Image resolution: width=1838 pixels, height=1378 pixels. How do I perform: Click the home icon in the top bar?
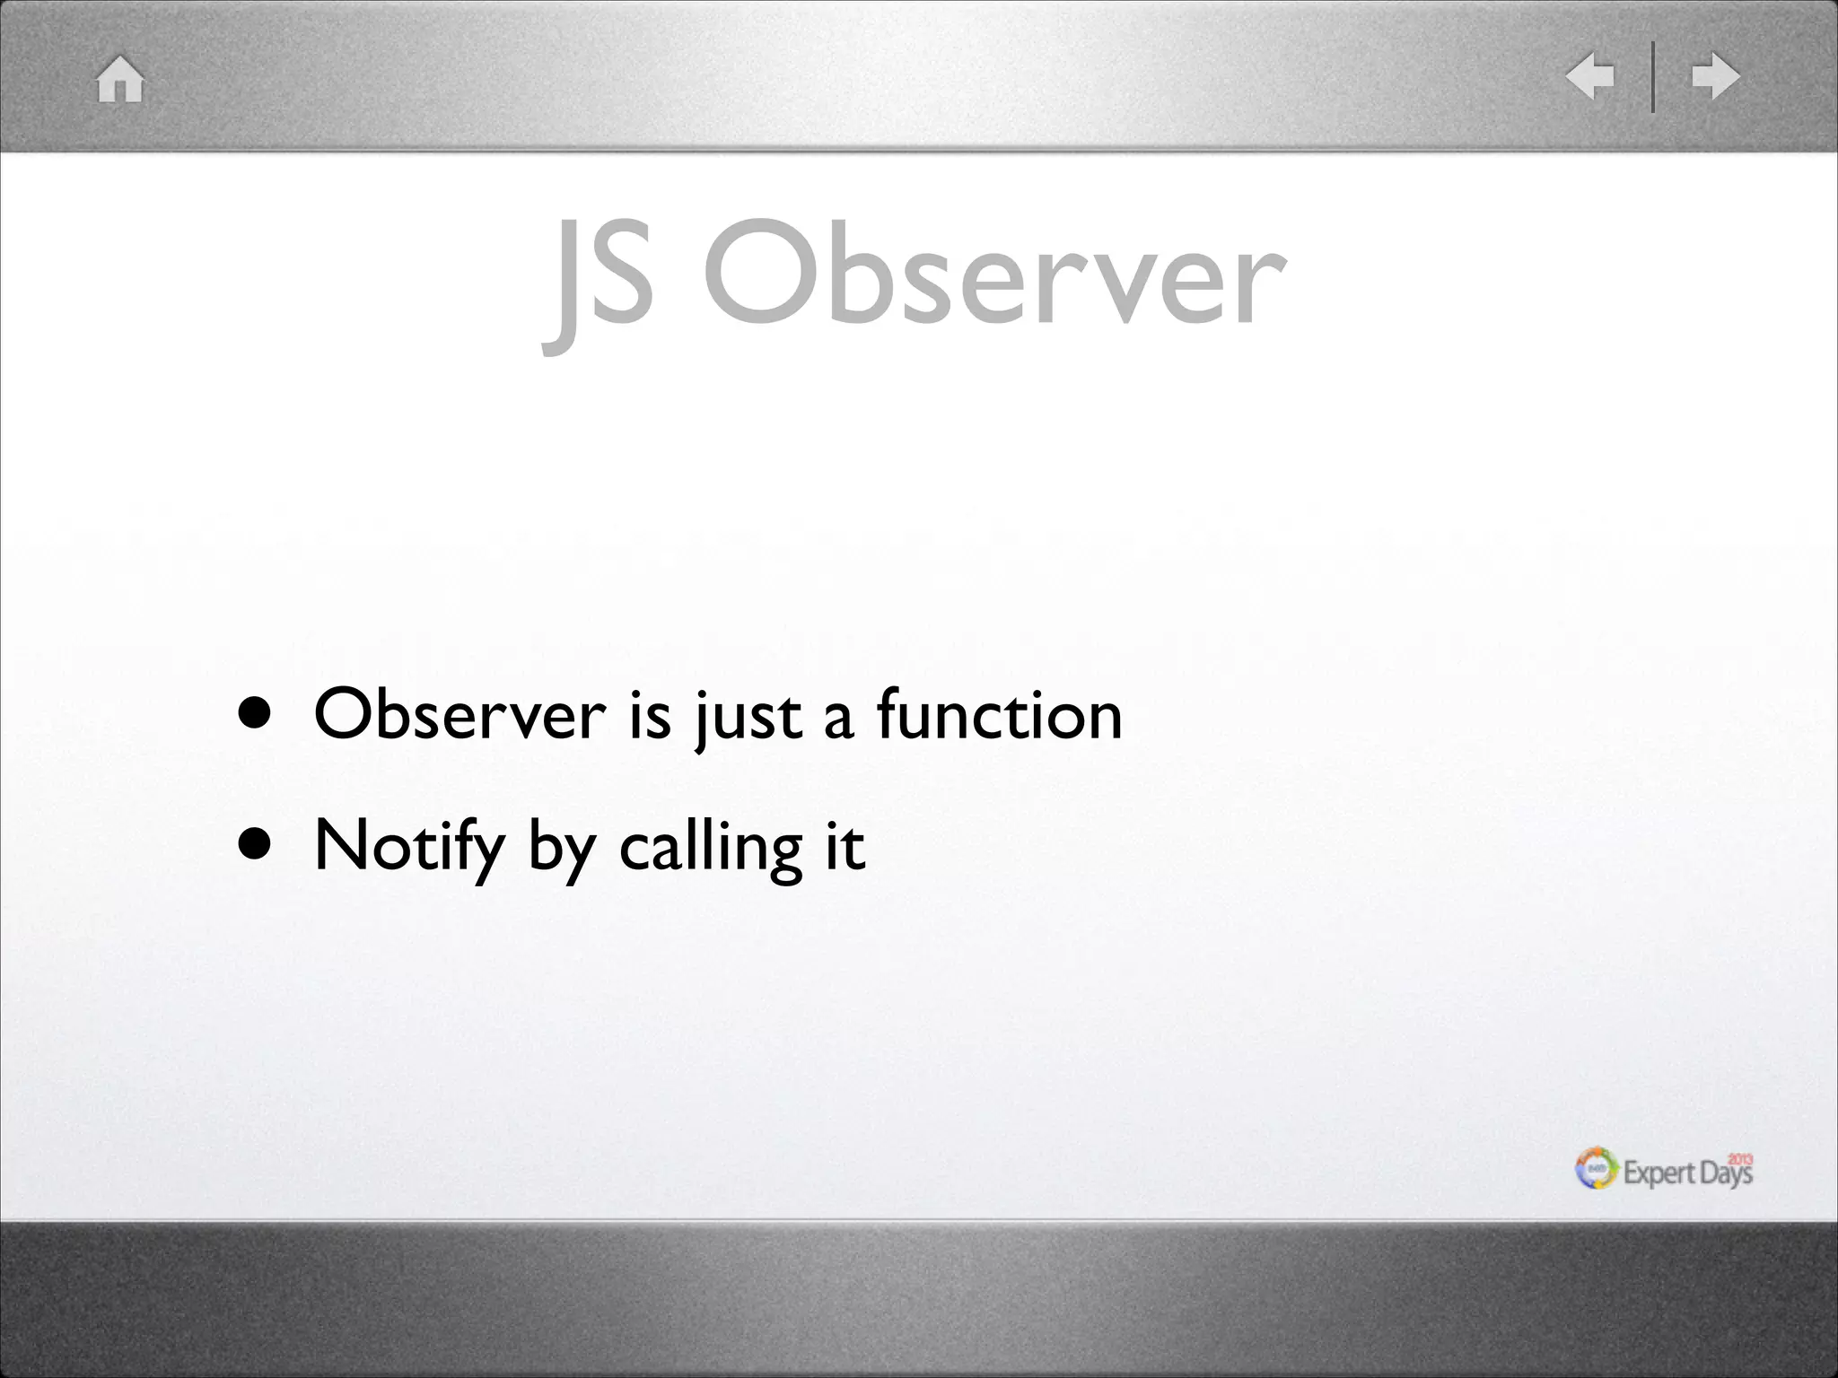[120, 79]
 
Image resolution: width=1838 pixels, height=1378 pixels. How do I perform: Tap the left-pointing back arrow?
[1590, 76]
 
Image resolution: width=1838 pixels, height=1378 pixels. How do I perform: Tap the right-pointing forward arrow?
[1715, 76]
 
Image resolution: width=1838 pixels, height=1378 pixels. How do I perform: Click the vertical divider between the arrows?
[1653, 76]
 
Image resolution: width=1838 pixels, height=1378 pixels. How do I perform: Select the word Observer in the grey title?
[994, 274]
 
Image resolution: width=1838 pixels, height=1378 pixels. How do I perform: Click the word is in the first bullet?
[650, 715]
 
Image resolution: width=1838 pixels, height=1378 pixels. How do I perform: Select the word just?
[747, 718]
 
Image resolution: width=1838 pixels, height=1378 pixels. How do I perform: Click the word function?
[999, 715]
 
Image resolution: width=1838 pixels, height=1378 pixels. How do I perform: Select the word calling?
[711, 847]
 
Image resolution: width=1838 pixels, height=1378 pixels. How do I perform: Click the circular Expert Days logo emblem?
[1597, 1169]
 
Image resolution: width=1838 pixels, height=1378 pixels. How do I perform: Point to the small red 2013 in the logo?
[1740, 1159]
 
